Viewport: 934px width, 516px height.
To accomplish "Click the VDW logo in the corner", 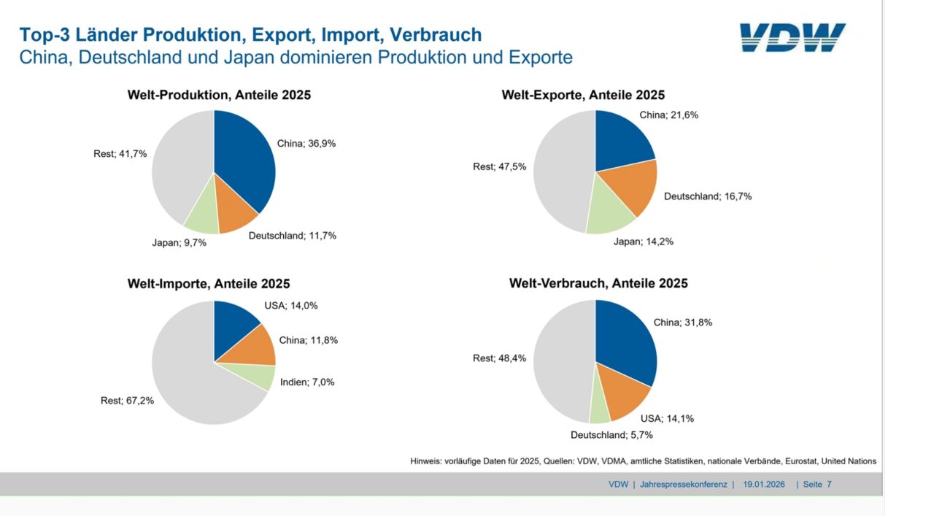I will pyautogui.click(x=792, y=37).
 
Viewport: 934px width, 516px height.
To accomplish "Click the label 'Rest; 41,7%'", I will pyautogui.click(x=120, y=153).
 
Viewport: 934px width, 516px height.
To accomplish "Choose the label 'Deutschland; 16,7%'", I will pyautogui.click(x=708, y=196).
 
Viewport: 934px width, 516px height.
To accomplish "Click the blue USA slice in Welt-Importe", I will pyautogui.click(x=233, y=325).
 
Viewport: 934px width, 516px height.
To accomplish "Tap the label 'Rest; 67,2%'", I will pyautogui.click(x=127, y=400).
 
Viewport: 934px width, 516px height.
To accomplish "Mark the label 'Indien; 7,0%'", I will pyautogui.click(x=307, y=382).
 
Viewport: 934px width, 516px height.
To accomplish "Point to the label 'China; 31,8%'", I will pyautogui.click(x=683, y=322).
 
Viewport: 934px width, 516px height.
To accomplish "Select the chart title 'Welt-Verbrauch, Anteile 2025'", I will pyautogui.click(x=598, y=283).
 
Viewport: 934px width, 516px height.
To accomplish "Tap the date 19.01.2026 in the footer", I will pyautogui.click(x=764, y=484).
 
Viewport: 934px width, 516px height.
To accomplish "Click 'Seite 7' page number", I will pyautogui.click(x=817, y=484).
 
